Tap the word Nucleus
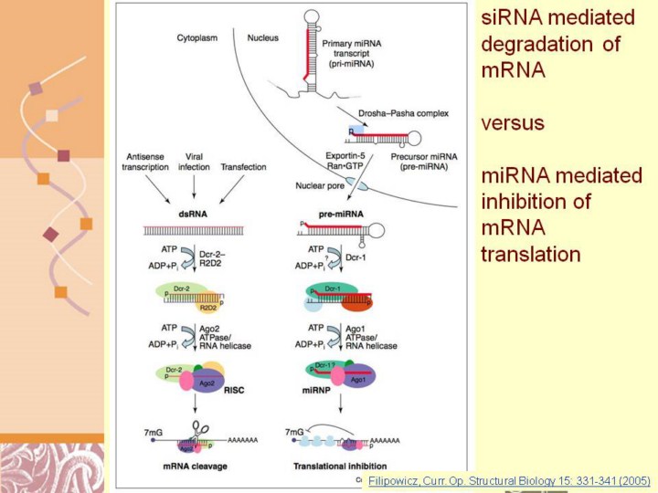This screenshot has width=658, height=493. (x=265, y=38)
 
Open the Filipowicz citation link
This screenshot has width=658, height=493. (x=507, y=478)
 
